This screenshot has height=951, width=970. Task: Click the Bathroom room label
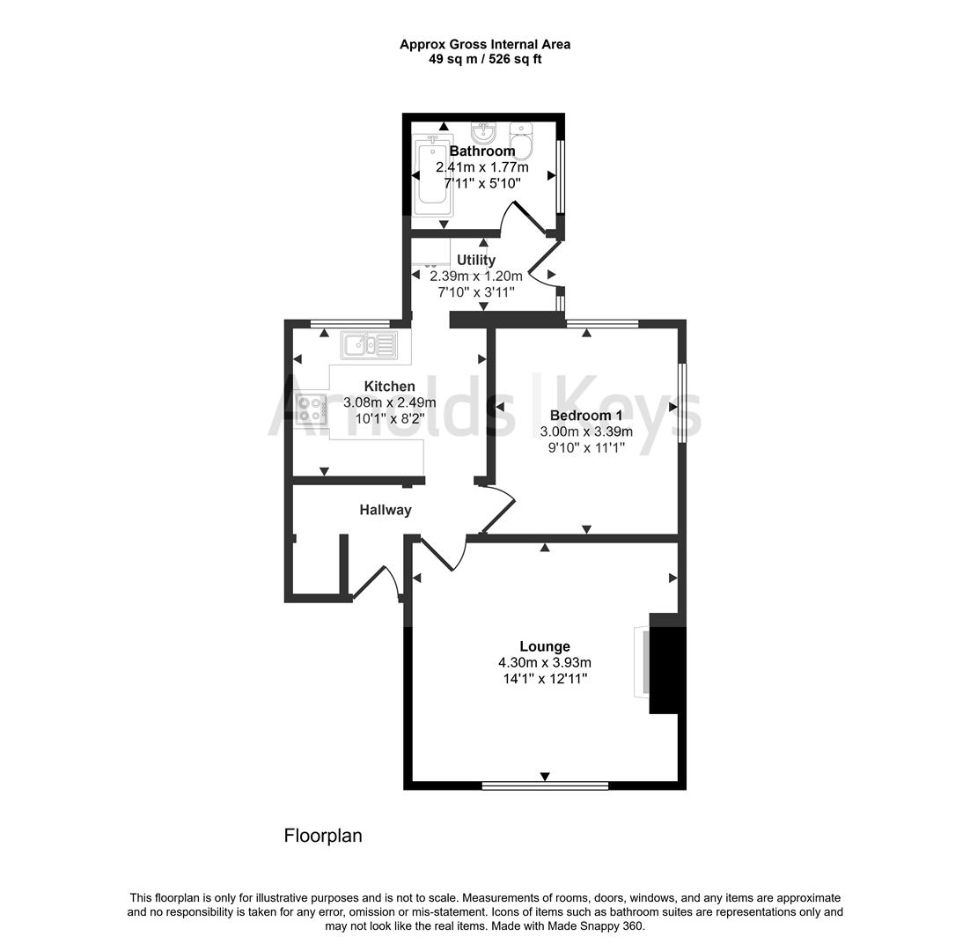coord(482,151)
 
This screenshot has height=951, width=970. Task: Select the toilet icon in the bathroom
coord(521,142)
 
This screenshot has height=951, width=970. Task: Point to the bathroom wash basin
coord(483,133)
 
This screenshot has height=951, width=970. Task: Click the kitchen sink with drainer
coord(370,344)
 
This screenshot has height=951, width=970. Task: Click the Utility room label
coord(475,260)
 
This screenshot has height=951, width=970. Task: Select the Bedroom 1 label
coord(586,415)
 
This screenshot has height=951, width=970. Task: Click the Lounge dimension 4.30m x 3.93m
coord(544,662)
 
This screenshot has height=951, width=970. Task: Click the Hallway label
coord(385,510)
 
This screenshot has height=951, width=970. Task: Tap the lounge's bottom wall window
coord(545,785)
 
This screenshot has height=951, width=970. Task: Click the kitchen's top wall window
coord(351,323)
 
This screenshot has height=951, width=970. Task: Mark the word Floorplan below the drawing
coord(322,836)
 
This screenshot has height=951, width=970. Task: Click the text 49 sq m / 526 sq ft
coord(485,59)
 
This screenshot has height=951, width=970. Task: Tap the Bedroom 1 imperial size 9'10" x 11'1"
coord(586,446)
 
